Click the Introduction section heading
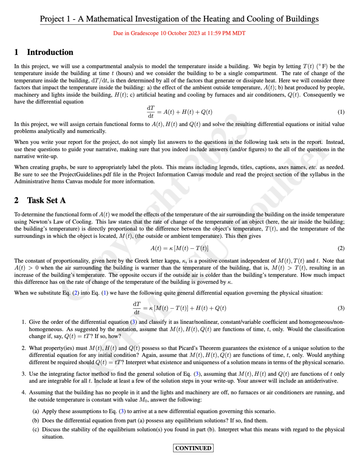tap(50, 52)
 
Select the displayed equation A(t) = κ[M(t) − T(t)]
tap(179, 248)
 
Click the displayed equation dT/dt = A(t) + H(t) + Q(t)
tap(179, 112)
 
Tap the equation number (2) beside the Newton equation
tap(341, 248)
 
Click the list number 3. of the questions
tap(24, 374)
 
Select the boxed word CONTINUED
tap(193, 448)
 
